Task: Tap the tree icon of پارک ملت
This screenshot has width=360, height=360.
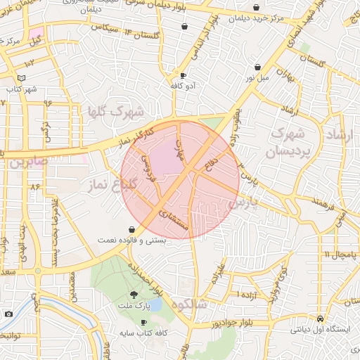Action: point(134,295)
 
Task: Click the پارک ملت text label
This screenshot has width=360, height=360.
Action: point(134,307)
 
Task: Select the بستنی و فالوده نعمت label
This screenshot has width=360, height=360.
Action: point(134,240)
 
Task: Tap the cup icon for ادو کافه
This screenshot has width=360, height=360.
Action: point(184,75)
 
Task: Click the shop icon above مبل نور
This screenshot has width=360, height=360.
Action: point(259,67)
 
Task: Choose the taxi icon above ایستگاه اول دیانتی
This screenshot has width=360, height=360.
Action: point(320,317)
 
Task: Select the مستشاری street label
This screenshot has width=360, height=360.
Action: point(173,219)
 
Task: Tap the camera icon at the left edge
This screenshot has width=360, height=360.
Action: point(8,314)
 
